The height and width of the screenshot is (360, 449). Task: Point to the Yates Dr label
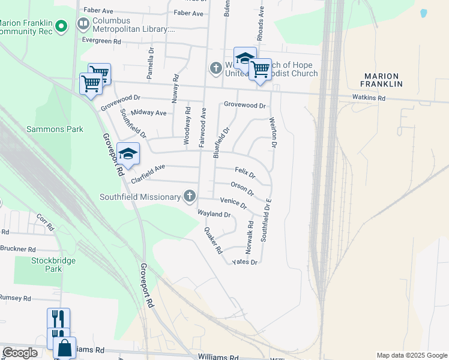pyautogui.click(x=244, y=262)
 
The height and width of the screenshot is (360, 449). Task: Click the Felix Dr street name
pyautogui.click(x=245, y=173)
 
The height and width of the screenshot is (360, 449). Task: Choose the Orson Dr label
pyautogui.click(x=242, y=189)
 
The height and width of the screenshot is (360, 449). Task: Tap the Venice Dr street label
pyautogui.click(x=234, y=202)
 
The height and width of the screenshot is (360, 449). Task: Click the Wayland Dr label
pyautogui.click(x=214, y=214)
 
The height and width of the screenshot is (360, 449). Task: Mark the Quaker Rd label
pyautogui.click(x=213, y=240)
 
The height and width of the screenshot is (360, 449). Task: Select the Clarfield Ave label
pyautogui.click(x=146, y=173)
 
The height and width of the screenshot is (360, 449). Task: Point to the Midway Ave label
pyautogui.click(x=148, y=112)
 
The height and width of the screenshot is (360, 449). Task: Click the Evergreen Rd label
pyautogui.click(x=102, y=41)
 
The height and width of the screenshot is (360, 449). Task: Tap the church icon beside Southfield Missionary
pyautogui.click(x=190, y=196)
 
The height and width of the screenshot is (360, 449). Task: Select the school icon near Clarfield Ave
pyautogui.click(x=128, y=154)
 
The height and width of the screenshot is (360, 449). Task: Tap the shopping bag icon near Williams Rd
pyautogui.click(x=64, y=347)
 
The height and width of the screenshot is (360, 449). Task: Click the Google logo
pyautogui.click(x=20, y=353)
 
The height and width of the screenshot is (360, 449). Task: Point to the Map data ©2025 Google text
pyautogui.click(x=411, y=355)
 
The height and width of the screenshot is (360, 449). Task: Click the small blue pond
pyautogui.click(x=423, y=13)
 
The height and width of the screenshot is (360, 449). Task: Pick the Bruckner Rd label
pyautogui.click(x=18, y=249)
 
